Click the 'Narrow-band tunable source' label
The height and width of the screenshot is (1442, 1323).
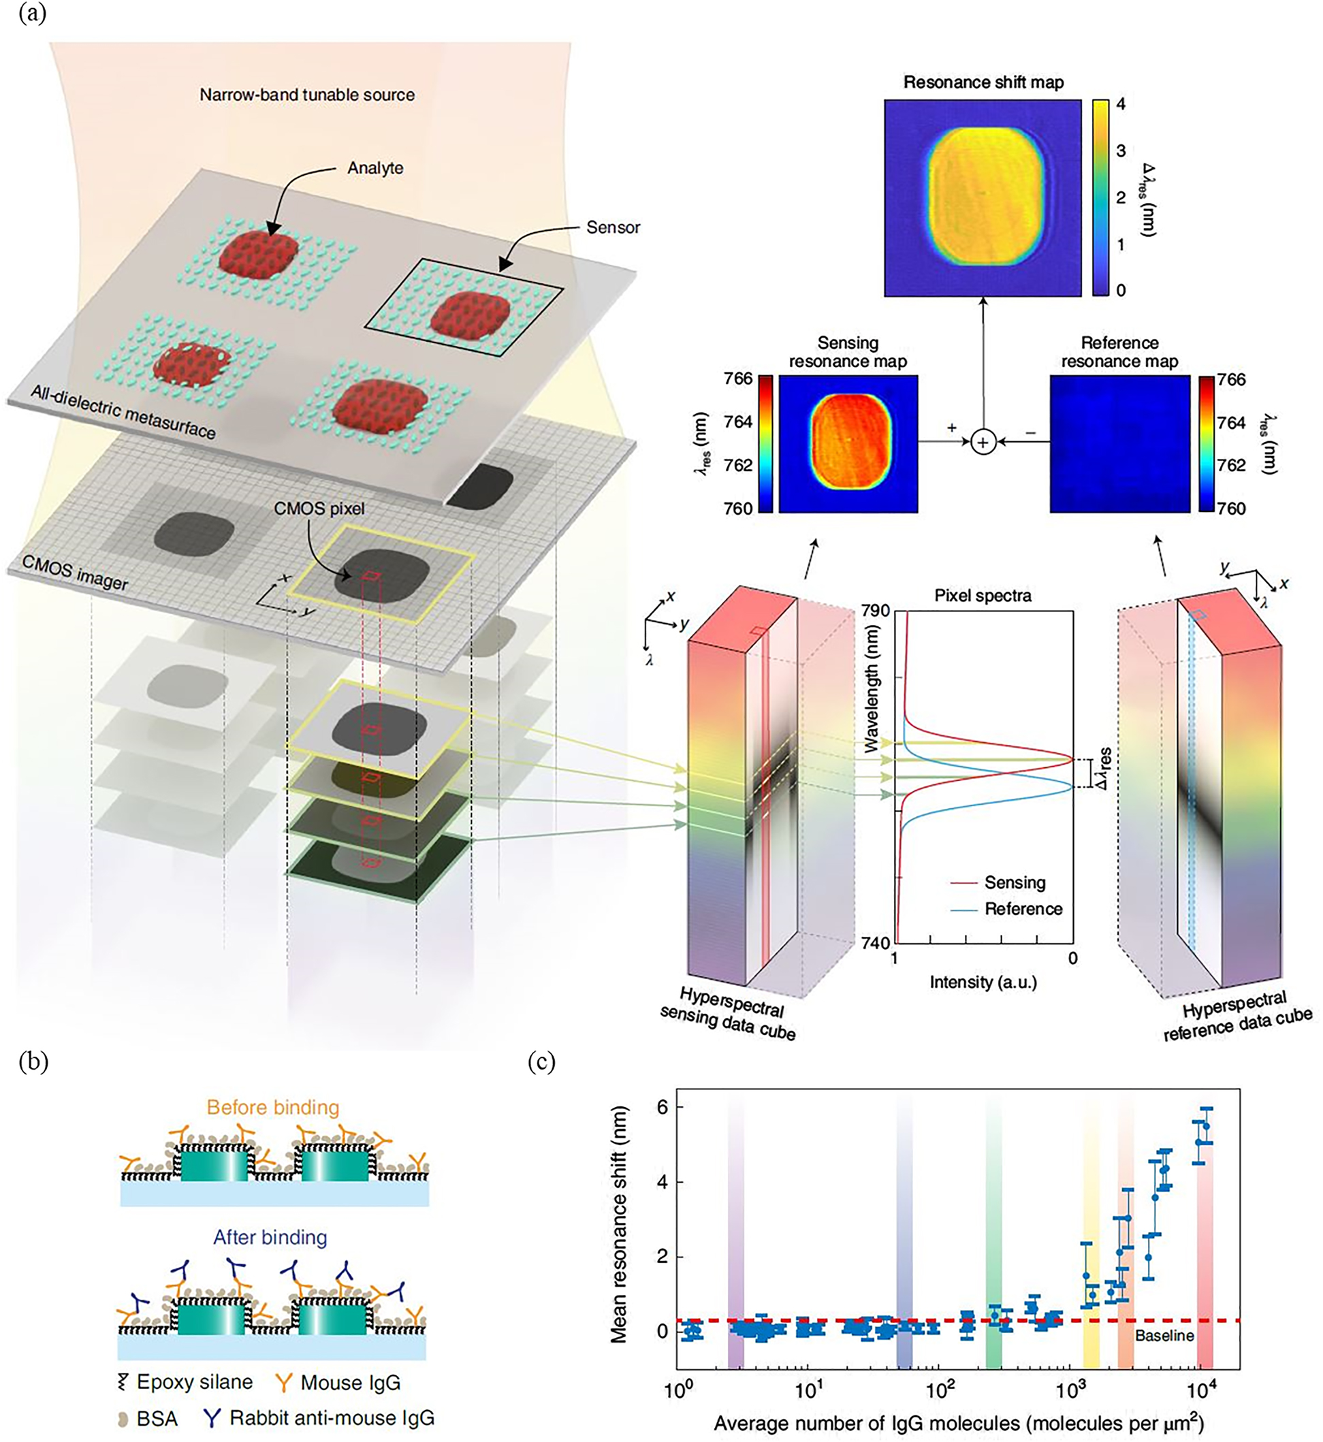point(306,95)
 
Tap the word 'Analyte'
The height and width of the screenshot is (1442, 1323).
point(375,168)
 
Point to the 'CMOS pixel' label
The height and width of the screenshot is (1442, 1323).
point(319,509)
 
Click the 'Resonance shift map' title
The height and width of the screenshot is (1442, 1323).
point(983,82)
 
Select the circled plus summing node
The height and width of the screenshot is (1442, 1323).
point(983,443)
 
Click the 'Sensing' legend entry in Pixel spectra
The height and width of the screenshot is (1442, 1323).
point(1015,883)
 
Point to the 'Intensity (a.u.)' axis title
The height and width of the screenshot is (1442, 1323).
point(983,982)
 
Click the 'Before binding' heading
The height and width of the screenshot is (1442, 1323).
point(273,1108)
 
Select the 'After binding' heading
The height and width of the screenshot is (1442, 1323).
point(270,1237)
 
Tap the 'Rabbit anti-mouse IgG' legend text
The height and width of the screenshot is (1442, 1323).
point(332,1418)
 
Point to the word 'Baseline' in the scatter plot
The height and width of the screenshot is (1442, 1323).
point(1164,1335)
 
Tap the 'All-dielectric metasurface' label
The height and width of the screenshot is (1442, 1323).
point(123,411)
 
